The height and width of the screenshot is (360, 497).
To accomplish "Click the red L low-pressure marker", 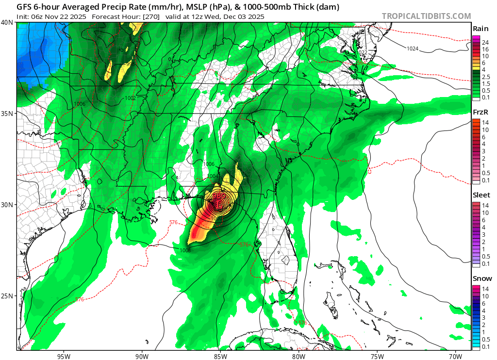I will pos(219,205).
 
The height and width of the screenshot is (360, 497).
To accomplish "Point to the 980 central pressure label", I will pos(219,196).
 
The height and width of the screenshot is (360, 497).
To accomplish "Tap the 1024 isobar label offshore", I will pos(413,49).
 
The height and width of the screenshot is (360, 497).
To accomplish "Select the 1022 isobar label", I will pos(362,52).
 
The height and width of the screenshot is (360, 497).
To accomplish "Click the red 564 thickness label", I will pos(361,63).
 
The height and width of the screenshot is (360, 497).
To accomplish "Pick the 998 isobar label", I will pos(116,64).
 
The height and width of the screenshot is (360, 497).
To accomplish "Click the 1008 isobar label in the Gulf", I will pos(185,250).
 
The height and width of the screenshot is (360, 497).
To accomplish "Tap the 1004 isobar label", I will pos(213,176).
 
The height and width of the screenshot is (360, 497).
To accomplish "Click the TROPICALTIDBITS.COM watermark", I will pos(426,16).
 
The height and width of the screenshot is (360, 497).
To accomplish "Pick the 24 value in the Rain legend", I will pos(485,43).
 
